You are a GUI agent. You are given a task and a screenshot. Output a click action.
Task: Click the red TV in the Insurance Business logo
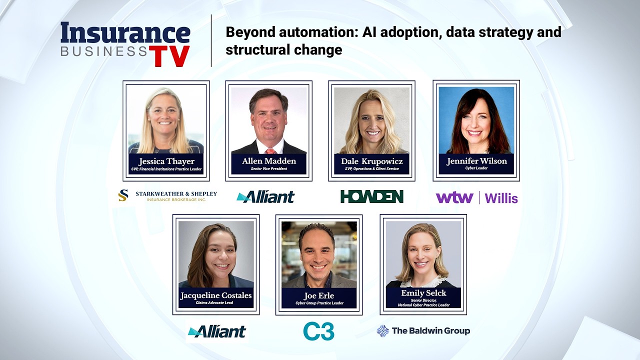click(169, 55)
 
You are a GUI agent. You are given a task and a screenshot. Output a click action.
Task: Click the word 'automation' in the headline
click(318, 32)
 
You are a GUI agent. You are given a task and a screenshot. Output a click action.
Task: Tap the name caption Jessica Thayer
click(166, 161)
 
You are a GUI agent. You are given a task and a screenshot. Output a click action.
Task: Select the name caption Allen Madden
click(269, 161)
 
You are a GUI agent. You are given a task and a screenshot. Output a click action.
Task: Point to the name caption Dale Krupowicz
click(371, 161)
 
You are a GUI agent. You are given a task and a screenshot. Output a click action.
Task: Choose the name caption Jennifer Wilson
click(476, 161)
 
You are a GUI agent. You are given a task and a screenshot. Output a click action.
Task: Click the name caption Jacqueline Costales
click(215, 295)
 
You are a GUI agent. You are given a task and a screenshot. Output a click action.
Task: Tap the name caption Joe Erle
click(318, 295)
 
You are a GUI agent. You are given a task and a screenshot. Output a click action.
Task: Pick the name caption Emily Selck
click(423, 293)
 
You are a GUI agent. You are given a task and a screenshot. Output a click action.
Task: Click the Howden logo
click(371, 196)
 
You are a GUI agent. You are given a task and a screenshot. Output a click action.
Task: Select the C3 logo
click(318, 331)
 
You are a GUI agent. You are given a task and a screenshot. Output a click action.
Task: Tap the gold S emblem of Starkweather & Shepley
click(123, 195)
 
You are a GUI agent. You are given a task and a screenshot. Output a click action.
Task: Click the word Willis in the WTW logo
click(501, 198)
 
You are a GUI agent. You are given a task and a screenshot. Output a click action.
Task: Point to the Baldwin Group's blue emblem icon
click(383, 331)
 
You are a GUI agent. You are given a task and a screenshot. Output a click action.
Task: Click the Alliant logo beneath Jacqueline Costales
click(217, 331)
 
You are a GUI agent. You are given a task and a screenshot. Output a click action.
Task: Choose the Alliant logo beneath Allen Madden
click(265, 197)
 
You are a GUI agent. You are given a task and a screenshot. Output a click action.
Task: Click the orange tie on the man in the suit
click(270, 151)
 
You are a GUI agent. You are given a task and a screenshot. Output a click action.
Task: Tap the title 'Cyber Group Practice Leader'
click(319, 303)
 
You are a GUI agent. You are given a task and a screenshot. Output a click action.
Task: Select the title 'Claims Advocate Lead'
click(214, 302)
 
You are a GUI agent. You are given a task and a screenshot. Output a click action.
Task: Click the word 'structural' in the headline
click(251, 49)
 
